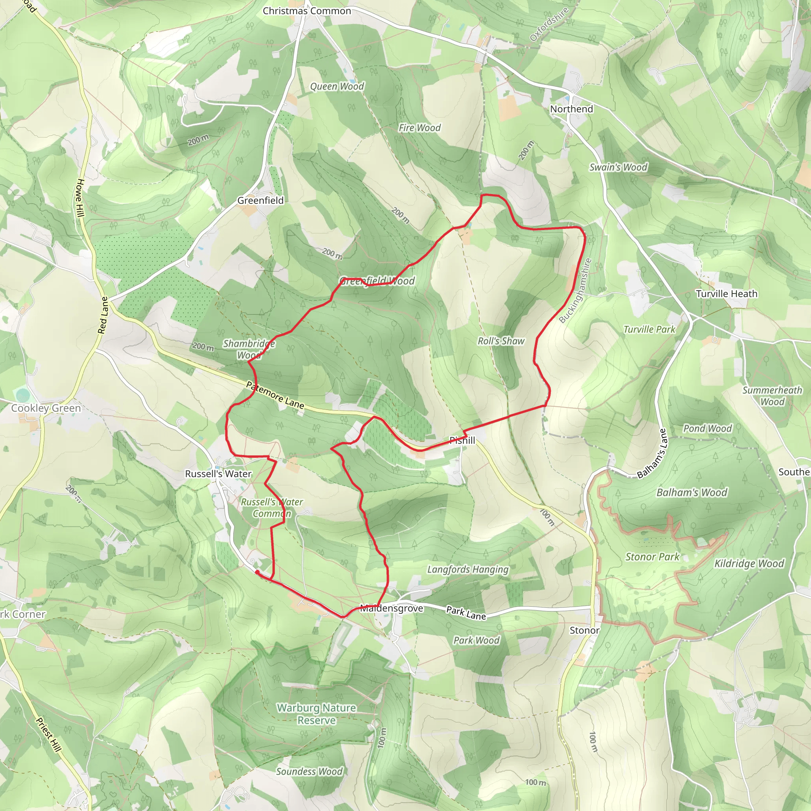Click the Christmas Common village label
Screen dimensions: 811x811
[x=307, y=11]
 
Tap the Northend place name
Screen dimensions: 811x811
[x=571, y=109]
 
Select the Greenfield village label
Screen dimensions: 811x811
[x=260, y=201]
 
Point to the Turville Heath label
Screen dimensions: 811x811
[x=727, y=294]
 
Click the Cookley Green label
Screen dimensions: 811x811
[x=46, y=408]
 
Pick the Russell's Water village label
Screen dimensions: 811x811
[x=218, y=474]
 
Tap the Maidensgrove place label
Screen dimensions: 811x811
[x=392, y=609]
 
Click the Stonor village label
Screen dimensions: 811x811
[x=584, y=630]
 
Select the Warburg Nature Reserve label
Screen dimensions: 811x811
[x=316, y=714]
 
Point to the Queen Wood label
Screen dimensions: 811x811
[x=337, y=86]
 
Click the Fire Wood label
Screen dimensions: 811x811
[x=419, y=128]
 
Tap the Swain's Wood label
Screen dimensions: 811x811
[x=618, y=168]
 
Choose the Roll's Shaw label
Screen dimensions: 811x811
[x=501, y=341]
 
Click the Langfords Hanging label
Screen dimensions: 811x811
[x=468, y=569]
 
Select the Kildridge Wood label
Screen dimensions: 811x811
[x=749, y=564]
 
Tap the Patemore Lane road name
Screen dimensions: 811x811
[x=275, y=395]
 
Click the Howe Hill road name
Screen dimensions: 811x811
[x=81, y=198]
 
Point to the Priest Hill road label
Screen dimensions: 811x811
[x=49, y=735]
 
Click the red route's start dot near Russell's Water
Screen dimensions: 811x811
[x=257, y=572]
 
